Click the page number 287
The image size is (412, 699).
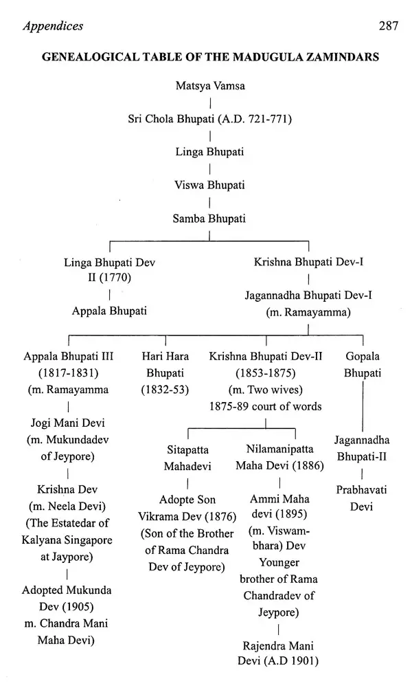pos(389,26)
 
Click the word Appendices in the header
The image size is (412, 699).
pos(53,27)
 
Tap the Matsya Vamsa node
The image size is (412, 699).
pos(210,86)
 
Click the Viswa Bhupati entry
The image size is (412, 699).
pos(209,185)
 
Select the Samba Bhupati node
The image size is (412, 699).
pos(209,219)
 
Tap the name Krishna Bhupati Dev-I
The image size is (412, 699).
pos(309,262)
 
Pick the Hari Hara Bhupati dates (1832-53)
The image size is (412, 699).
pos(165,390)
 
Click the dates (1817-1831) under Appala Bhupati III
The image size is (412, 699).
pos(68,373)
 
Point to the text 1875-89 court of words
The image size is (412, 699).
pos(266,407)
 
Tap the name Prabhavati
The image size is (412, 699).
pos(361,490)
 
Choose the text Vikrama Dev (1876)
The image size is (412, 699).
pos(187,517)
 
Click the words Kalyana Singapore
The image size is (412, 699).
pos(67,540)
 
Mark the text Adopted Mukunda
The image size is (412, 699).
pos(67,590)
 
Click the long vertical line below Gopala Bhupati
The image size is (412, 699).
pos(363,407)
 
